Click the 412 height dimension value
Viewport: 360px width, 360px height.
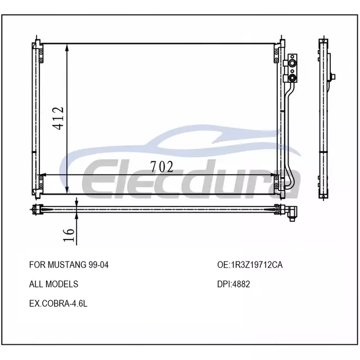point(58,118)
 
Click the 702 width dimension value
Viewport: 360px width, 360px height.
point(161,167)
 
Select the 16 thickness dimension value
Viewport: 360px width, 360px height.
point(69,235)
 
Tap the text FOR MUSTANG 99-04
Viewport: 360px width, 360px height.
point(69,265)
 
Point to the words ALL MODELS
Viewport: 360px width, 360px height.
point(53,284)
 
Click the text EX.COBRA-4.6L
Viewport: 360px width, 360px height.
point(58,304)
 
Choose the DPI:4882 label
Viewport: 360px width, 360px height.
point(233,284)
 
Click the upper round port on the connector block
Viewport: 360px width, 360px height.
point(292,63)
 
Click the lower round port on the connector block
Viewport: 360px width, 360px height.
point(292,78)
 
